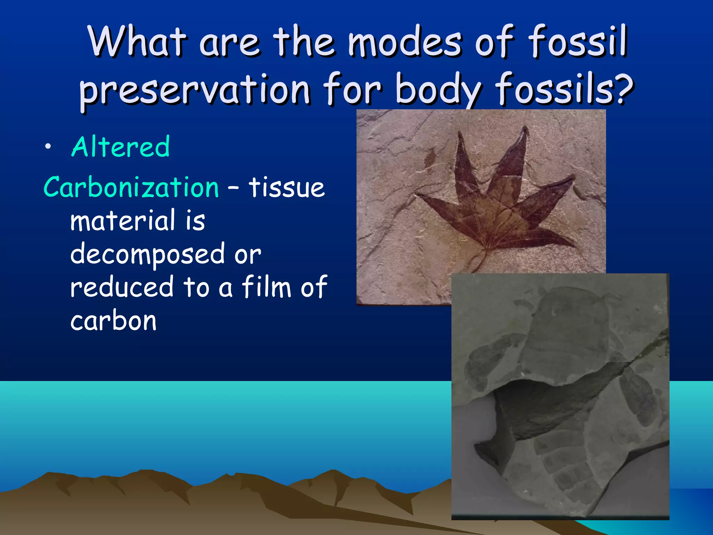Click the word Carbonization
[x=131, y=187]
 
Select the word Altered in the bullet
[x=120, y=147]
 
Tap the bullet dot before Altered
[x=48, y=147]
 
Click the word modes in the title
[x=405, y=42]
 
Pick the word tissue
[x=287, y=187]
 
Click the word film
[x=266, y=287]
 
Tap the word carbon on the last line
[x=113, y=320]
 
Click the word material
[x=123, y=221]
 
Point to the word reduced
[x=122, y=287]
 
